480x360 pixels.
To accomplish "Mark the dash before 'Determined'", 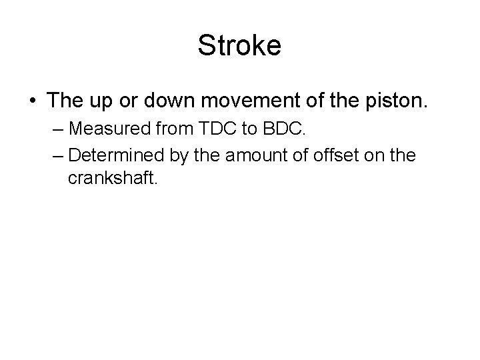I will (x=56, y=156).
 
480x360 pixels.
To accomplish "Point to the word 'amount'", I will (x=257, y=155).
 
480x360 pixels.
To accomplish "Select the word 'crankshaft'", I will (x=112, y=179).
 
